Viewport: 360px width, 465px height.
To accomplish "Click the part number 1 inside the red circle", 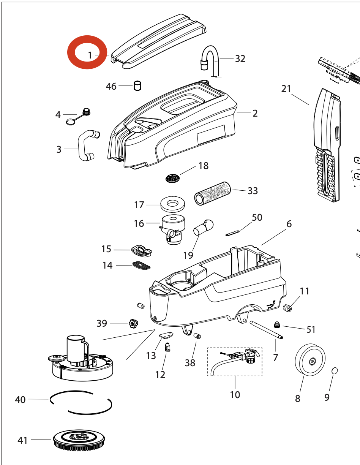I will coord(90,55).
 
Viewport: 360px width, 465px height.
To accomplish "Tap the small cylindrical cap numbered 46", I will coord(137,85).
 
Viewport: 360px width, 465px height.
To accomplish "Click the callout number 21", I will coord(286,89).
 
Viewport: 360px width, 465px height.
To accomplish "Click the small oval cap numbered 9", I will coord(335,370).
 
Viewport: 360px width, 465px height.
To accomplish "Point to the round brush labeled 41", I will coord(80,441).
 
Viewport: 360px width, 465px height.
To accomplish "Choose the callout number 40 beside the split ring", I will coord(20,400).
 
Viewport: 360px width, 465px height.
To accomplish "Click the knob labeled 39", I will coord(133,324).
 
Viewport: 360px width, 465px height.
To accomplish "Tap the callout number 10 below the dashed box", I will coord(235,395).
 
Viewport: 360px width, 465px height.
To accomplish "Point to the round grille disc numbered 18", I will coord(175,177).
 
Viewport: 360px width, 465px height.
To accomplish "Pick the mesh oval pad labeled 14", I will coord(141,265).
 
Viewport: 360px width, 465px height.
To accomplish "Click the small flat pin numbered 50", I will coord(232,233).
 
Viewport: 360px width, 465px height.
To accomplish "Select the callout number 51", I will coord(311,329).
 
